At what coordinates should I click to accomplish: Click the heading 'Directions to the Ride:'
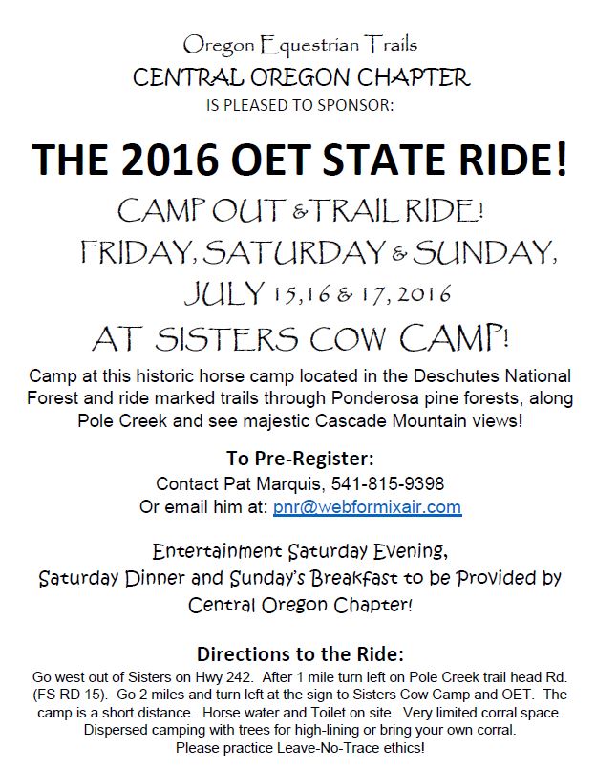tap(300, 655)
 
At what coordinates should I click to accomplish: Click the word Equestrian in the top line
tap(309, 44)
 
